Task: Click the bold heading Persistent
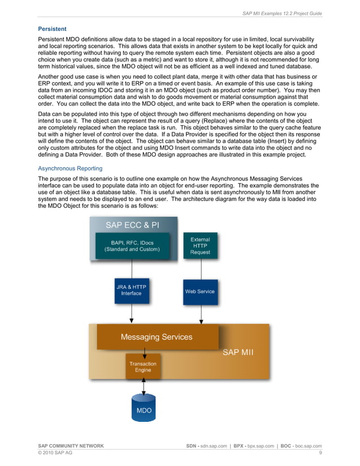coord(52,29)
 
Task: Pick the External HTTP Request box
coord(200,245)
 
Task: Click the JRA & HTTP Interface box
coord(131,290)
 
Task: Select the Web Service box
coord(200,292)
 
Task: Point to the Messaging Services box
coord(157,337)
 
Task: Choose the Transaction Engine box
coord(143,367)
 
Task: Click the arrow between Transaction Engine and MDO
coord(144,387)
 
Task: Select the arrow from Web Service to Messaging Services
coord(200,313)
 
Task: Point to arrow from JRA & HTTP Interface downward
coord(131,313)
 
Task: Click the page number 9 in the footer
coord(321,453)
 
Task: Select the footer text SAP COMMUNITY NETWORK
coord(71,446)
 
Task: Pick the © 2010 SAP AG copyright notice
coord(55,453)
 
